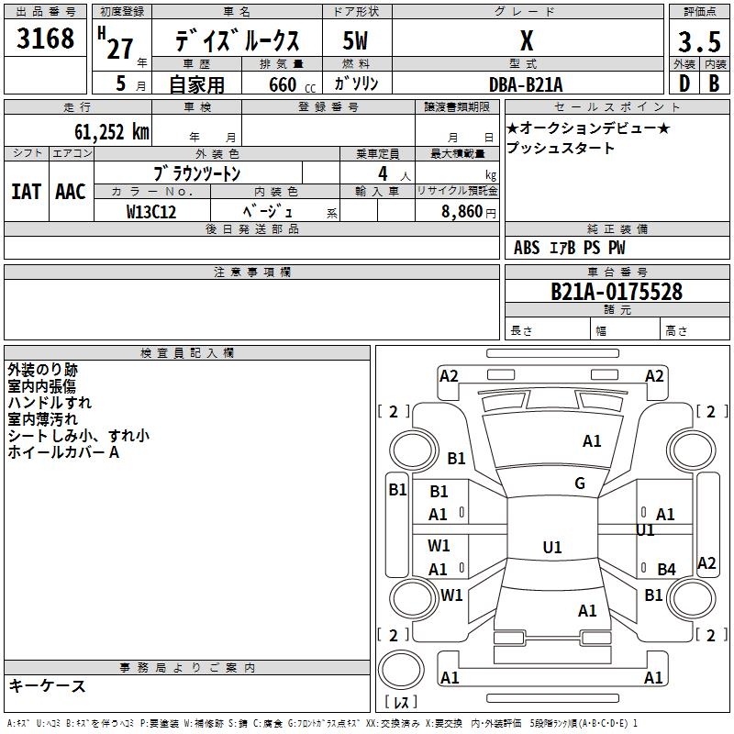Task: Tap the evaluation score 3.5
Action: point(698,42)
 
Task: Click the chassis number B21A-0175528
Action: point(616,292)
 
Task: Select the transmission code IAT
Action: point(27,192)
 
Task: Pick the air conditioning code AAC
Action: point(71,192)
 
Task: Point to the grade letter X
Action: point(526,41)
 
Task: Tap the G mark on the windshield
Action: point(580,484)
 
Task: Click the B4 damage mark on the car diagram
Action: point(666,570)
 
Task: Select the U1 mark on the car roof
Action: point(552,548)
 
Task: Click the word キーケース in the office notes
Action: point(47,686)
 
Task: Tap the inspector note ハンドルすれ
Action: point(50,403)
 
